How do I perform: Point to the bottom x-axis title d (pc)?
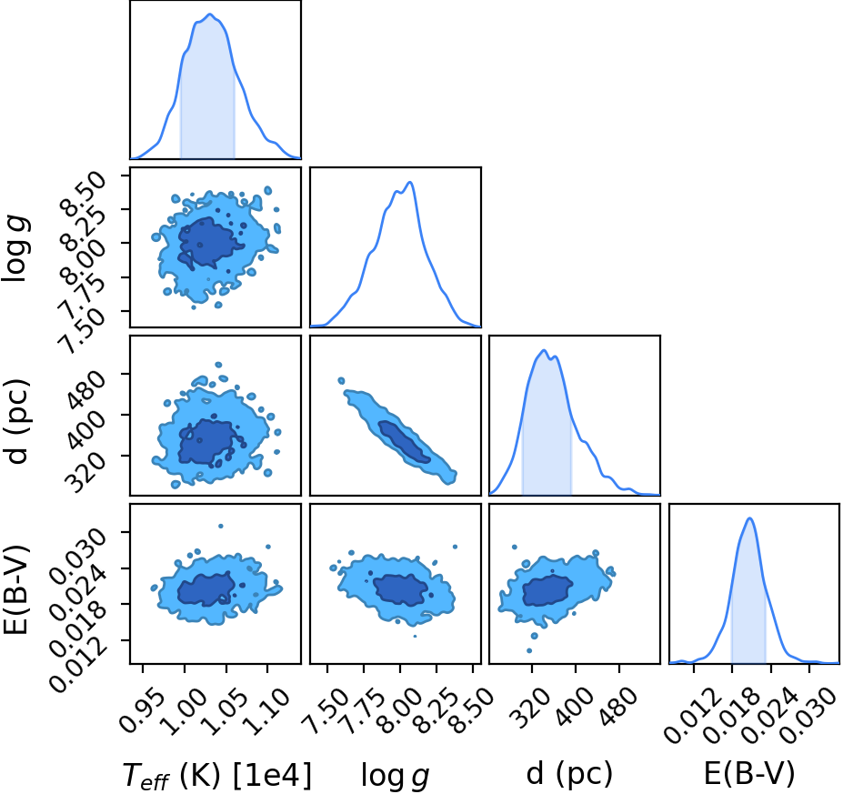569,775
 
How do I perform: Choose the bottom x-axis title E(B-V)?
749,775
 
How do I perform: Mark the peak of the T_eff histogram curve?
210,14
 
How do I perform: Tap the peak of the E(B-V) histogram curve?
750,518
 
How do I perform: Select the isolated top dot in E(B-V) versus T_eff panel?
220,526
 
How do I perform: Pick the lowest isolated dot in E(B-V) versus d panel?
529,650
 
